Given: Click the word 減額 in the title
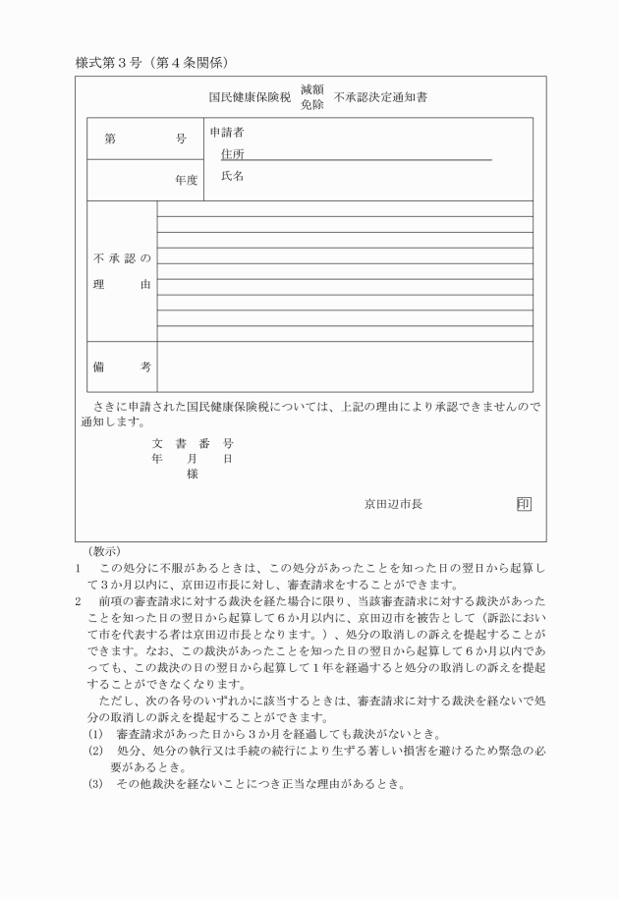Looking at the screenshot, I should point(312,89).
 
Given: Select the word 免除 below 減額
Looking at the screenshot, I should point(312,104).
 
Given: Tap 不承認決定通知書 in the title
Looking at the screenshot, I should point(386,97).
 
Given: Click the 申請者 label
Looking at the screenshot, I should point(227,132).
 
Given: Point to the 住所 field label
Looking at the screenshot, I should point(233,154).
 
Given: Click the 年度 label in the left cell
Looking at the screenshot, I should point(186,180).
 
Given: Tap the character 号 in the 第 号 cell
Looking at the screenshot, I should point(181,140).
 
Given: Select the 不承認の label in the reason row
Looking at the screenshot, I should point(122,258).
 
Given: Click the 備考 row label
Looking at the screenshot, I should point(122,366).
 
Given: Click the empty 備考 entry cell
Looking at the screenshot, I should point(344,366).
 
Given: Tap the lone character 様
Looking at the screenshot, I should point(193,474).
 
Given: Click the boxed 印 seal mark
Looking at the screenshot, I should point(524,504).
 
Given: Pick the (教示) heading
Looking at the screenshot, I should point(104,551).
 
